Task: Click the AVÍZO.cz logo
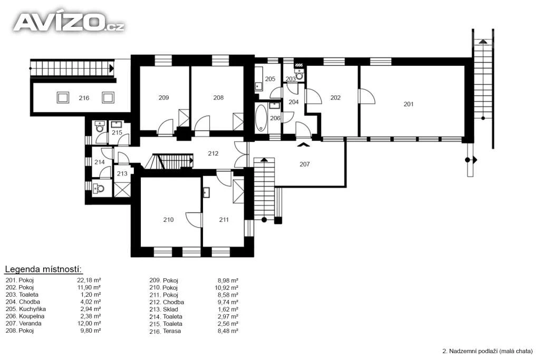pyautogui.click(x=69, y=22)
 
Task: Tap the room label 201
pyautogui.click(x=409, y=104)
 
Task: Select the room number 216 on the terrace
pyautogui.click(x=84, y=98)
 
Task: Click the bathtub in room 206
pyautogui.click(x=262, y=118)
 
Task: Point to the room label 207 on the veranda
pyautogui.click(x=304, y=164)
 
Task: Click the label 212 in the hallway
pyautogui.click(x=213, y=153)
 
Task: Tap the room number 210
pyautogui.click(x=168, y=220)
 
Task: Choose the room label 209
pyautogui.click(x=163, y=98)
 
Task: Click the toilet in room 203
pyautogui.click(x=300, y=75)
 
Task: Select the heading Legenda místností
pyautogui.click(x=43, y=269)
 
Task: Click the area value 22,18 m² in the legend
pyautogui.click(x=89, y=280)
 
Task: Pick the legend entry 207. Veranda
pyautogui.click(x=23, y=323)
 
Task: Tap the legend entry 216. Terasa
pyautogui.click(x=165, y=331)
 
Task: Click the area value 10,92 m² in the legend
pyautogui.click(x=226, y=287)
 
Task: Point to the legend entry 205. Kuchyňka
pyautogui.click(x=25, y=309)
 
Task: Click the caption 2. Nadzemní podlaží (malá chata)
pyautogui.click(x=487, y=351)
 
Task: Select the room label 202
pyautogui.click(x=335, y=98)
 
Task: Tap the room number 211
pyautogui.click(x=224, y=220)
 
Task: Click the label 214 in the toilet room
pyautogui.click(x=100, y=162)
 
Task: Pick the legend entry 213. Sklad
pyautogui.click(x=164, y=309)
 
